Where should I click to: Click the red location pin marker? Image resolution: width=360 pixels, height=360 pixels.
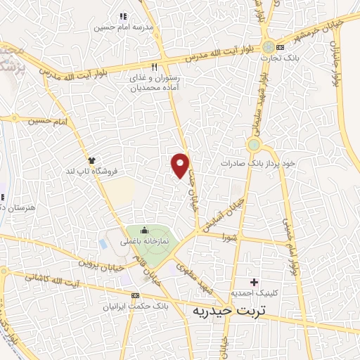click(x=181, y=165)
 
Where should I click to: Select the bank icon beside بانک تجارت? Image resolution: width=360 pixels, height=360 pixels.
click(x=281, y=47)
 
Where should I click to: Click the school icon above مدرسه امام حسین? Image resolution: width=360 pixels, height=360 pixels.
click(x=124, y=16)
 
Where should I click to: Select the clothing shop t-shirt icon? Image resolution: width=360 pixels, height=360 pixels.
click(x=91, y=160)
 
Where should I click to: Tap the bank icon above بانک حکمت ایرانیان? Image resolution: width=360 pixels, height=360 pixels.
click(x=135, y=296)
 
